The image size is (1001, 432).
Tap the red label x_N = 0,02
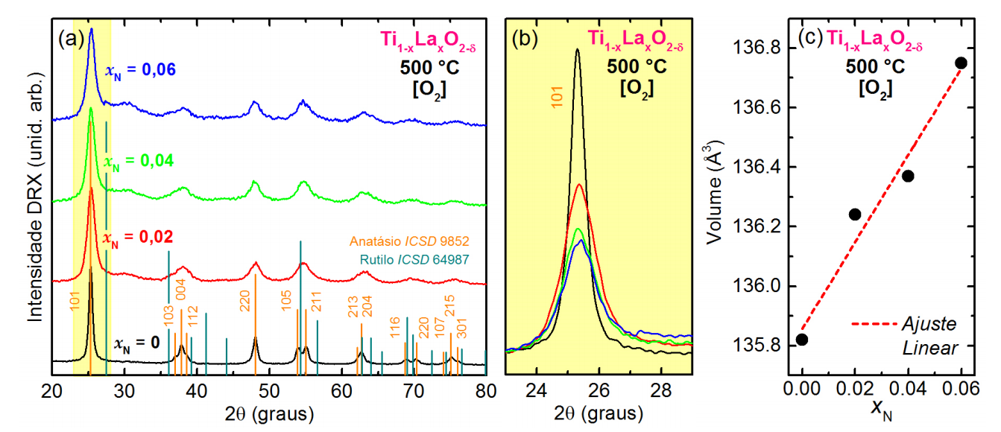(x=139, y=238)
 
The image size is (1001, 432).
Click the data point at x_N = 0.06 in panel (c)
(x=961, y=63)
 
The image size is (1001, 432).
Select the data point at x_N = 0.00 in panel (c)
(x=802, y=340)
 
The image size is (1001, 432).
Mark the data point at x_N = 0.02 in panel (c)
(x=855, y=215)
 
